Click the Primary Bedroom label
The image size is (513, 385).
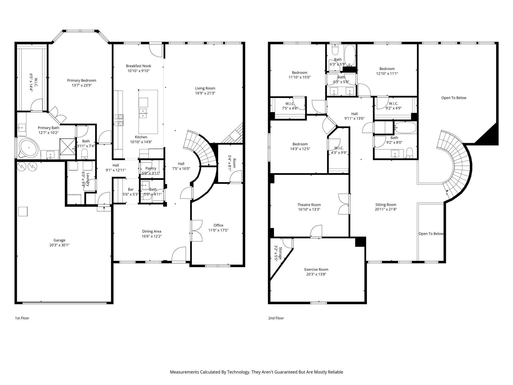click(x=82, y=80)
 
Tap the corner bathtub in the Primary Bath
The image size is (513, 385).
click(x=28, y=148)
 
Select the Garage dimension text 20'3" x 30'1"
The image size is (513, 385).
click(x=59, y=245)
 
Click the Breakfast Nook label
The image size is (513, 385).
click(x=139, y=66)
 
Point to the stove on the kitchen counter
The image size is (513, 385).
click(x=119, y=120)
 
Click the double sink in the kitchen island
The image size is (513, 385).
click(x=143, y=113)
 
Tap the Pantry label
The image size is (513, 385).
click(x=151, y=168)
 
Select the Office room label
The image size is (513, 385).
click(x=218, y=225)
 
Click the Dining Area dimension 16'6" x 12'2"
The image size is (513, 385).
click(x=152, y=236)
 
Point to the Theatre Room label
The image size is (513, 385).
click(x=309, y=205)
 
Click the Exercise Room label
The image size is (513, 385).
click(x=316, y=269)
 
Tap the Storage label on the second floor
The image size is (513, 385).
click(x=281, y=253)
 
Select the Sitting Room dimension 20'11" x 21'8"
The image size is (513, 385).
click(x=386, y=209)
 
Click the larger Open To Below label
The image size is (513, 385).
click(x=454, y=98)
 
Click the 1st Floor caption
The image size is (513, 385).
click(x=22, y=318)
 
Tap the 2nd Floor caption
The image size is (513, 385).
click(x=276, y=318)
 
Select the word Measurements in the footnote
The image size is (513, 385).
click(x=184, y=372)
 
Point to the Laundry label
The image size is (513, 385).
click(x=88, y=179)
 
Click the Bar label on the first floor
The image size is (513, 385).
click(x=131, y=189)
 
